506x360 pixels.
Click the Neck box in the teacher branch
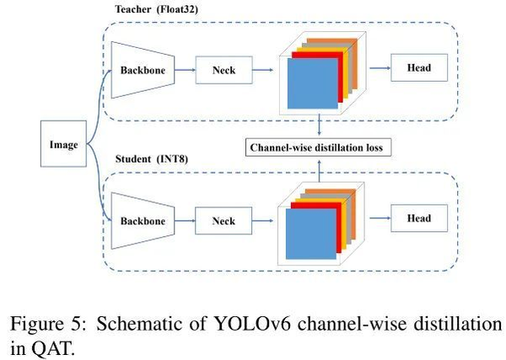tap(223, 72)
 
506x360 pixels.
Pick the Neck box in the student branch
tap(223, 220)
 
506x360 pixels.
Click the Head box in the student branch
tap(419, 218)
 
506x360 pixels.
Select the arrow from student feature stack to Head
tap(371, 219)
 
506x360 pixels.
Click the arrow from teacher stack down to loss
tap(319, 127)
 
